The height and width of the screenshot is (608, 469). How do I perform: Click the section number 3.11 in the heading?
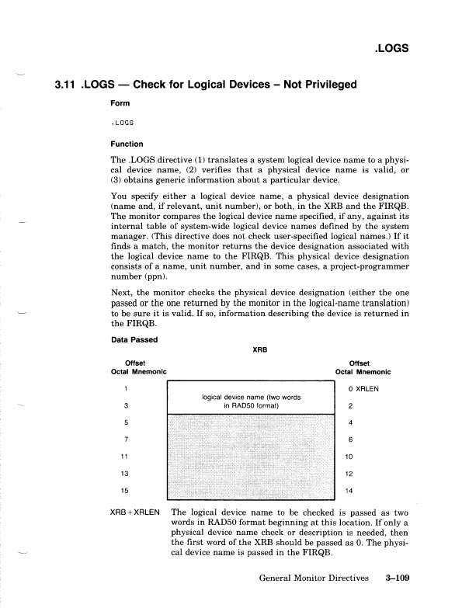tap(64, 85)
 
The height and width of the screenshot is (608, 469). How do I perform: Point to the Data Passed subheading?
tap(137, 340)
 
